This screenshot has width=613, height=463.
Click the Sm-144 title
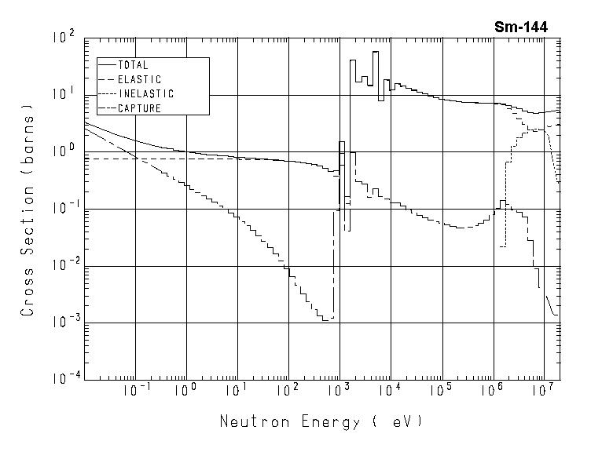(521, 27)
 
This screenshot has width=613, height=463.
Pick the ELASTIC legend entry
(139, 79)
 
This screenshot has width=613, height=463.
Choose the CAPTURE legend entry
(139, 108)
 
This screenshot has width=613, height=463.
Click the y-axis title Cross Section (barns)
(28, 208)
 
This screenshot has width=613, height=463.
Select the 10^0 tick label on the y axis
(62, 151)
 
